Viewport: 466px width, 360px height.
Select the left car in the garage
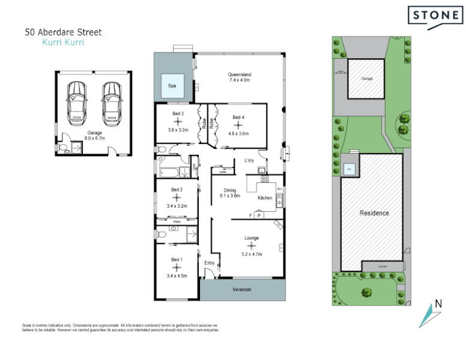tap(77, 102)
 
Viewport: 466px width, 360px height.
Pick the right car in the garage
tap(111, 102)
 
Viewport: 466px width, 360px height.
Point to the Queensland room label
tap(239, 74)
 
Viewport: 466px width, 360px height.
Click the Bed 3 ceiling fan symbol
tap(178, 122)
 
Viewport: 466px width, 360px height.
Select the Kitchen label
tap(265, 197)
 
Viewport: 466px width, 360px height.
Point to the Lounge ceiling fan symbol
tap(251, 245)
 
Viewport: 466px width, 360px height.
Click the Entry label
tap(209, 263)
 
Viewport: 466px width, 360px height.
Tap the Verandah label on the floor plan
tap(242, 290)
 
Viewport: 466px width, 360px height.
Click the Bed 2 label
tap(176, 190)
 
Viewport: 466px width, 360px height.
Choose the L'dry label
tap(249, 161)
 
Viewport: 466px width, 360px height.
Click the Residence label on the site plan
tap(374, 213)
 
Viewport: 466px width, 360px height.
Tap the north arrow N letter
tap(438, 304)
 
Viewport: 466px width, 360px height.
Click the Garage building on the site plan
tap(366, 79)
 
